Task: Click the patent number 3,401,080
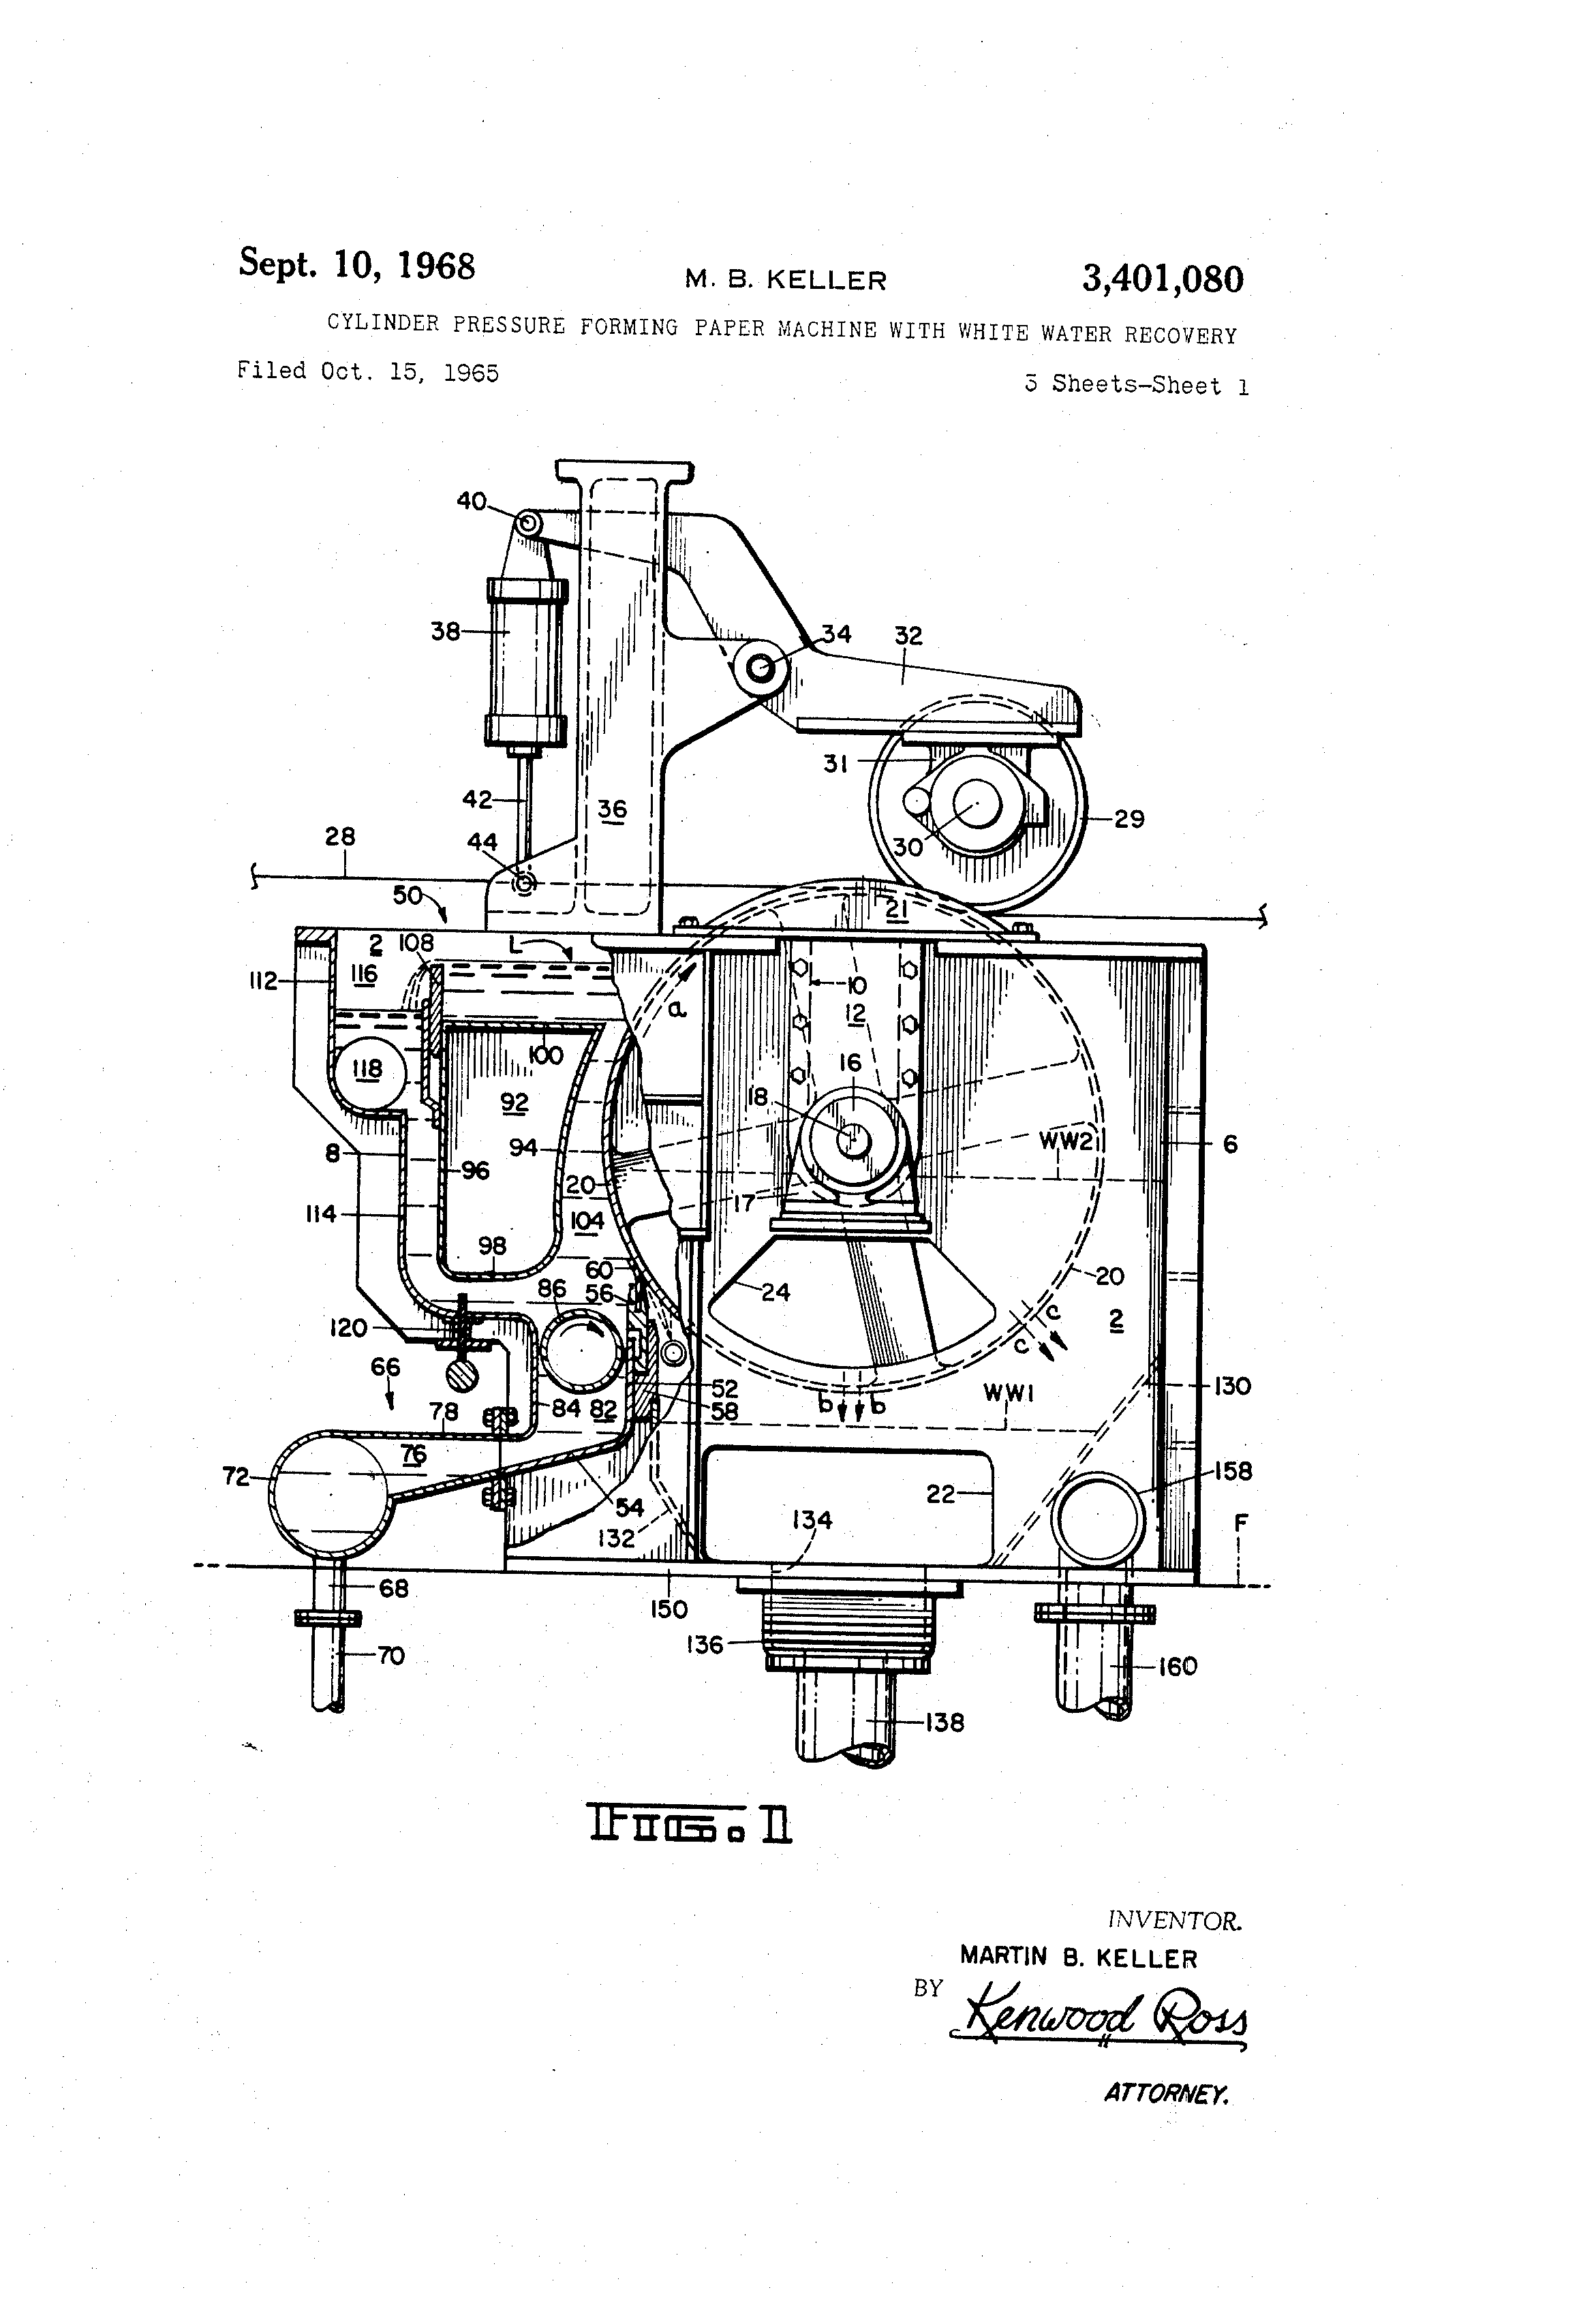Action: click(x=1163, y=279)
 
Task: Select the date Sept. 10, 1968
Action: click(x=357, y=264)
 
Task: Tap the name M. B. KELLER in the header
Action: click(x=786, y=281)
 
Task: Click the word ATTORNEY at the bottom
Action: click(x=1166, y=2093)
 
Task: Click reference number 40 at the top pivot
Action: click(x=472, y=501)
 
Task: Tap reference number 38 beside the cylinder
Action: click(x=446, y=632)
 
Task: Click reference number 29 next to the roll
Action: click(x=1129, y=819)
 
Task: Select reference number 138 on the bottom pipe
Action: click(x=945, y=1722)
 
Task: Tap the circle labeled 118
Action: click(x=368, y=1071)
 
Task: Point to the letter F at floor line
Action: click(x=1240, y=1523)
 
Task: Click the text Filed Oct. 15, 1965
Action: click(x=368, y=372)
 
